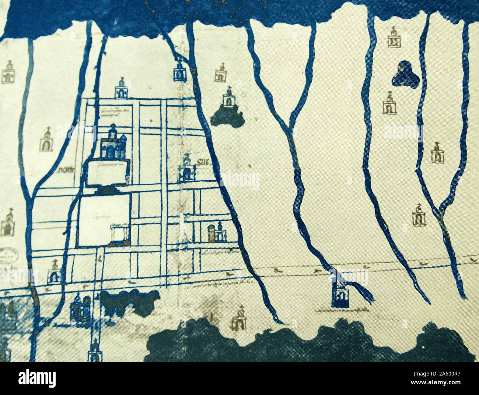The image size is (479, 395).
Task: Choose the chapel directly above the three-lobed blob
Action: pos(394,38)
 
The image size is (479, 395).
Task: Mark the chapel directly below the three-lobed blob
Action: pos(389,103)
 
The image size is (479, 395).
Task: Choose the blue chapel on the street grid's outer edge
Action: pos(121,89)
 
